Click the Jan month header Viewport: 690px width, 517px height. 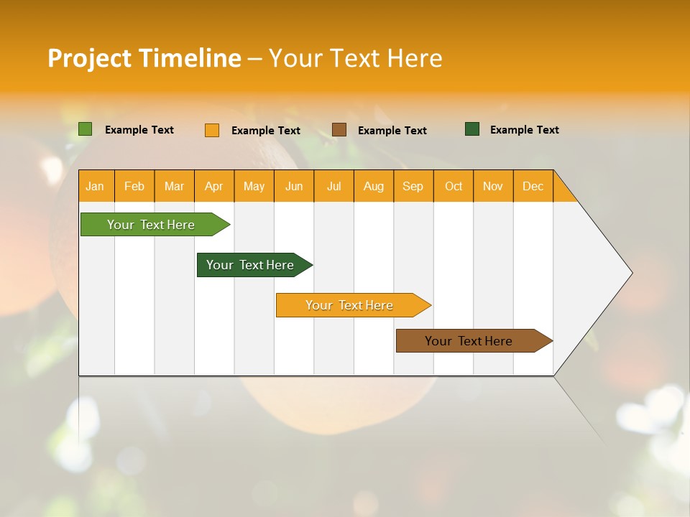tap(96, 186)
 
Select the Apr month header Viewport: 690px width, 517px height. tap(214, 186)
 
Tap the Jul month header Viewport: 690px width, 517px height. tap(333, 186)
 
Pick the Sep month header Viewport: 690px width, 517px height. tap(413, 186)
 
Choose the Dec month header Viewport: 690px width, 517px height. tap(533, 186)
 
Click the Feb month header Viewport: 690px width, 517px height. tap(134, 186)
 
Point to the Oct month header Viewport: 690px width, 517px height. tap(454, 186)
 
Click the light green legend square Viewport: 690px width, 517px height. tap(86, 129)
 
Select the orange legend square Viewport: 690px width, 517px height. tap(212, 130)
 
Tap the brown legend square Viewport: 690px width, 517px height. tap(339, 129)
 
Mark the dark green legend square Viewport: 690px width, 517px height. tap(472, 129)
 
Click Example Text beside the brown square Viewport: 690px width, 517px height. tap(392, 131)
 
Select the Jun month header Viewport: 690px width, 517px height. tap(294, 186)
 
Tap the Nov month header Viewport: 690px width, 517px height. tap(493, 186)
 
